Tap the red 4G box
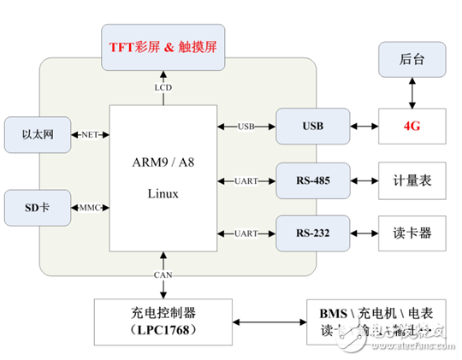coord(412,126)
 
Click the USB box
coord(312,126)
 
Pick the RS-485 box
coord(312,180)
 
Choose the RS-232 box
coord(312,233)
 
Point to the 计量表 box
coord(412,180)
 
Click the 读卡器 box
coord(412,233)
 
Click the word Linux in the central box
coord(163,193)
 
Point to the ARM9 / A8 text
coord(163,163)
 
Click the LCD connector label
coord(163,87)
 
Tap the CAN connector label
coord(163,274)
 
